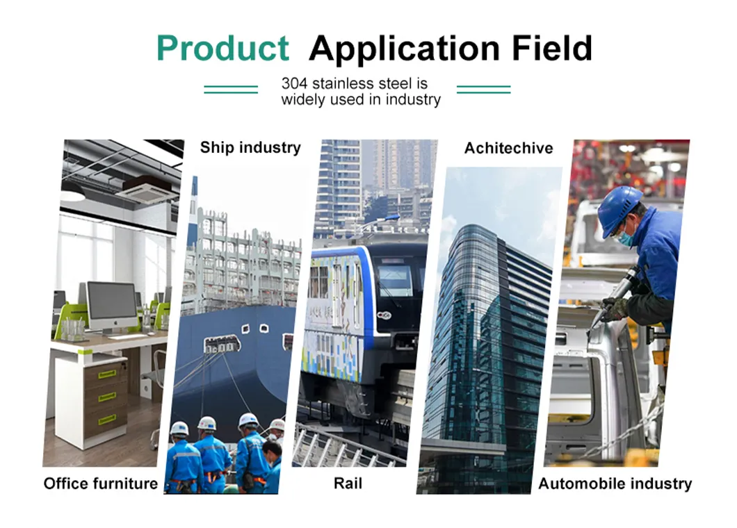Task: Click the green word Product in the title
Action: [222, 49]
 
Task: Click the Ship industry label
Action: [250, 147]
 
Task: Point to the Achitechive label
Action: [509, 148]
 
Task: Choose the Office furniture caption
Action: [101, 484]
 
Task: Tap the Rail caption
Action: [348, 484]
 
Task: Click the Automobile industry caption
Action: [615, 484]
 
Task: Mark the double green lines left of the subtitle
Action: [231, 89]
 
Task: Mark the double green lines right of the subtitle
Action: [483, 89]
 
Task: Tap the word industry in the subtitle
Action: [414, 99]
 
